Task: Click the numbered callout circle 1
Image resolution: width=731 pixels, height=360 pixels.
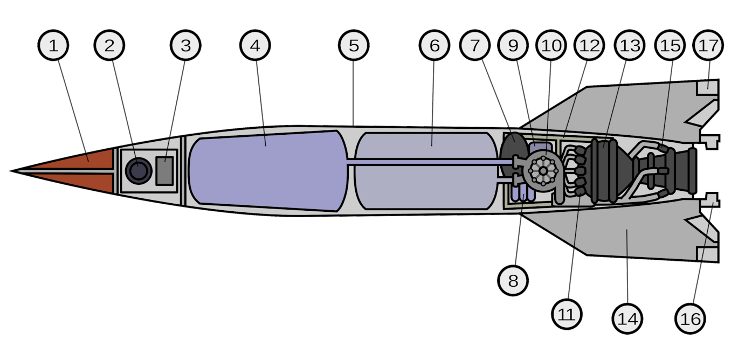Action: [x=53, y=45]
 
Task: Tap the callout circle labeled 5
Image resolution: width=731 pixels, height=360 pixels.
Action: [x=354, y=45]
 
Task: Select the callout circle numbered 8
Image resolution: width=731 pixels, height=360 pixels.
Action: [x=513, y=280]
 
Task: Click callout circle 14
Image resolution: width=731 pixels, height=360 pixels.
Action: [x=628, y=318]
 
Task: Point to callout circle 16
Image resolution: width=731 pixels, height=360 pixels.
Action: [x=691, y=319]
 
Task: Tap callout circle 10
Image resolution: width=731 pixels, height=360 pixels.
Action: [x=551, y=45]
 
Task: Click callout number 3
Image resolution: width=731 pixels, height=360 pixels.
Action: [x=185, y=45]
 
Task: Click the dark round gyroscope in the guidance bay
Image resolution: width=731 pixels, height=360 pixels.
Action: [x=139, y=171]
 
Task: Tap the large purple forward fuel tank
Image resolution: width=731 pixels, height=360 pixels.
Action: [x=267, y=170]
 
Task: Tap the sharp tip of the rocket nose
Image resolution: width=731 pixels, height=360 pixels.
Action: [x=12, y=171]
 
